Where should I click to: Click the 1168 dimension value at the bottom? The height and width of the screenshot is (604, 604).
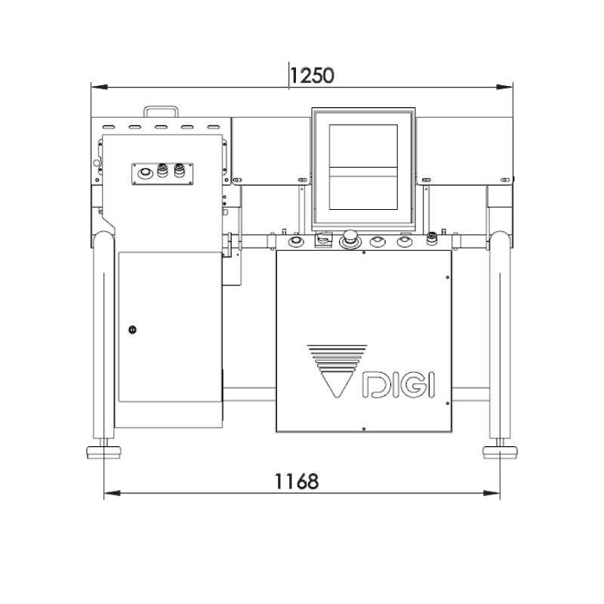point(296,480)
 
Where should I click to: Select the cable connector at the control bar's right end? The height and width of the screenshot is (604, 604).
point(432,239)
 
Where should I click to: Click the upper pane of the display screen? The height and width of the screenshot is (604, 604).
point(364,145)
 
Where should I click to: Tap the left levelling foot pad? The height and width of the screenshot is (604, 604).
point(103,452)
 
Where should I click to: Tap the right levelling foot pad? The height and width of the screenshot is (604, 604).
point(499,452)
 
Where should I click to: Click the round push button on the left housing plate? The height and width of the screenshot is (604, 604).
point(142,173)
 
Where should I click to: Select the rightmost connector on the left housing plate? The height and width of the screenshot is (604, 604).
point(179,171)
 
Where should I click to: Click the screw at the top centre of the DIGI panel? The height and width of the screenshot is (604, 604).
point(364,254)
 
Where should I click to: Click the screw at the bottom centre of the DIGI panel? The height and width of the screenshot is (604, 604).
point(364,429)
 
